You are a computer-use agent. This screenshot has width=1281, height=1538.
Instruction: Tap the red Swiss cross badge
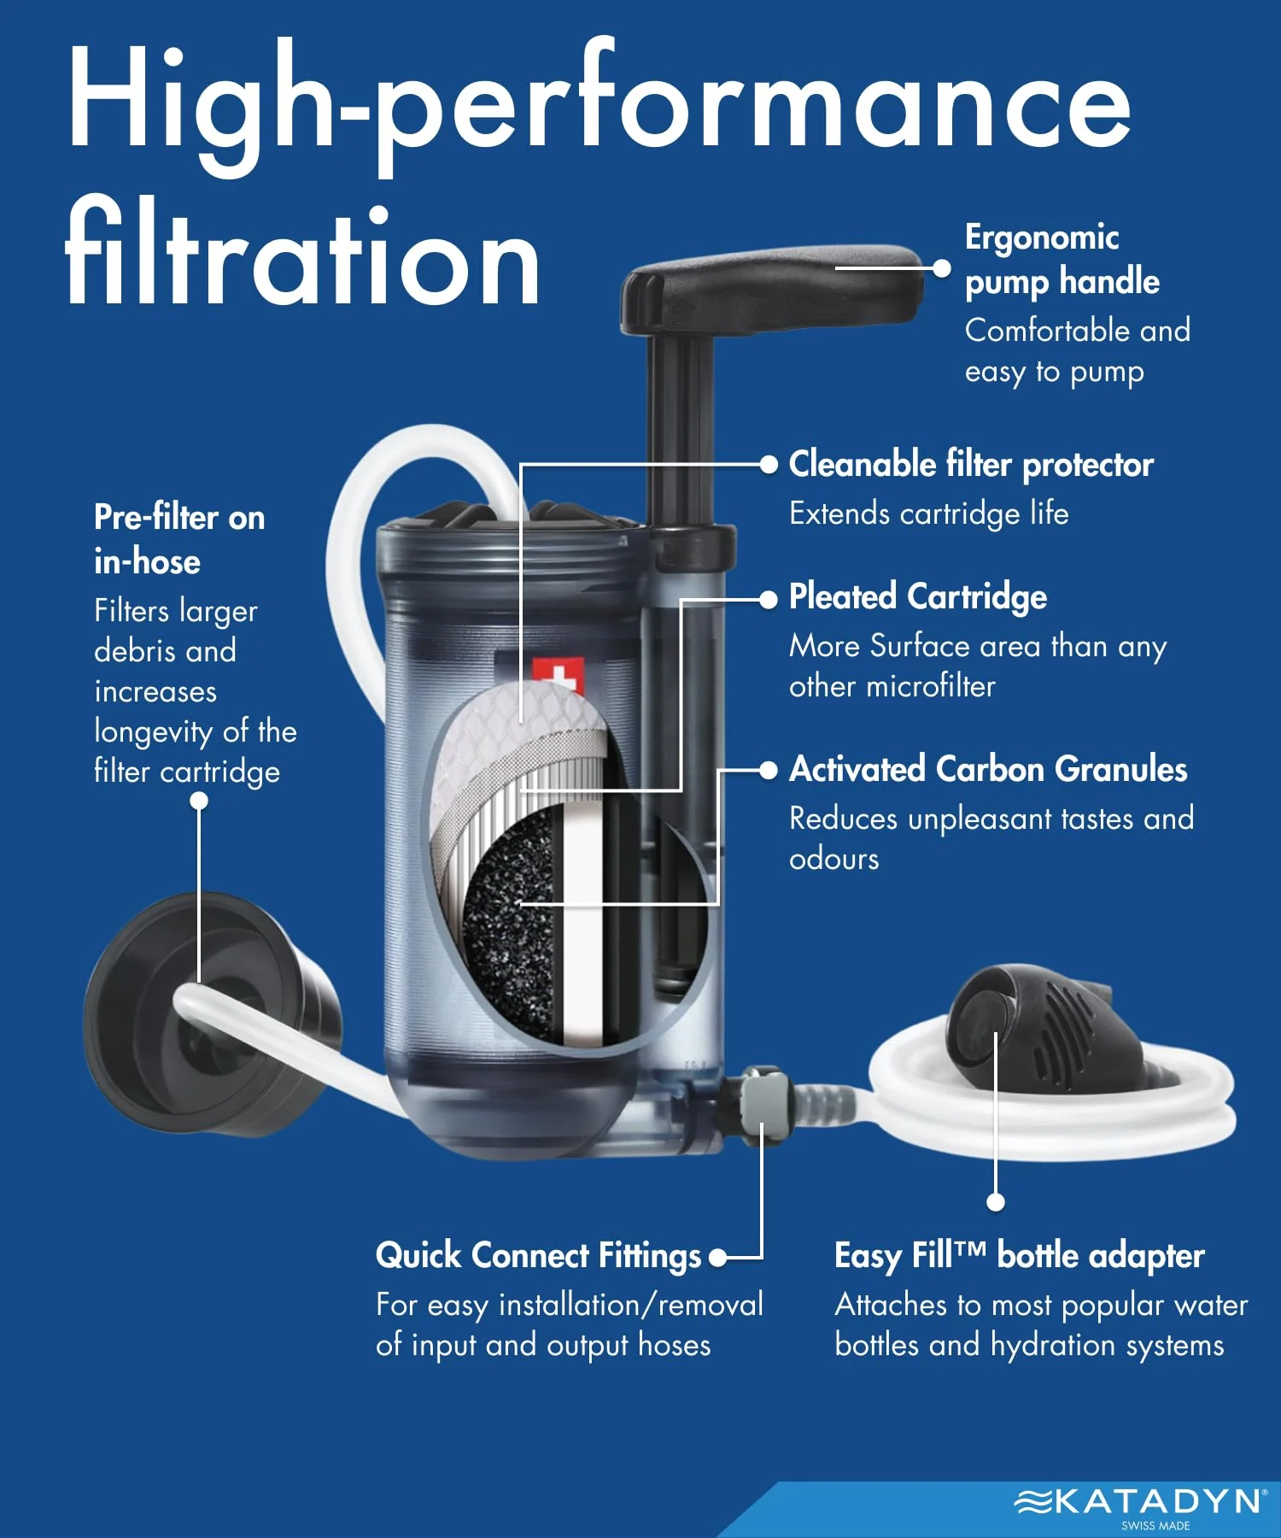(558, 675)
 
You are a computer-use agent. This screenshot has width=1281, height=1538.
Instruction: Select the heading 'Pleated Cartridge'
(917, 596)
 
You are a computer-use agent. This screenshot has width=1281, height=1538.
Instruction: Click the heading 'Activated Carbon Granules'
(987, 769)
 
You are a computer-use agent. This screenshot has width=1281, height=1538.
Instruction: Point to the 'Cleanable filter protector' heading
(971, 464)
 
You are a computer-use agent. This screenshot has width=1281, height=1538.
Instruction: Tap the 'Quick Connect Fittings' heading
(538, 1256)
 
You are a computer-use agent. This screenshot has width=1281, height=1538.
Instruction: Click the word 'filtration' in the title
(303, 252)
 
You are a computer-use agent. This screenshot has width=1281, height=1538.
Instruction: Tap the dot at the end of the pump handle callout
(941, 268)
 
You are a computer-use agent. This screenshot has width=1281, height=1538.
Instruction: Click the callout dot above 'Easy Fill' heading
(995, 1202)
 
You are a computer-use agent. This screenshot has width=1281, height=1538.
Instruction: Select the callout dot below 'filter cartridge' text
(199, 801)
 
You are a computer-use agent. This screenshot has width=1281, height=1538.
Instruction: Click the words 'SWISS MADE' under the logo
(1155, 1526)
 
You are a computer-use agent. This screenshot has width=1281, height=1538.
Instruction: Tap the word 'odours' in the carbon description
(834, 859)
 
